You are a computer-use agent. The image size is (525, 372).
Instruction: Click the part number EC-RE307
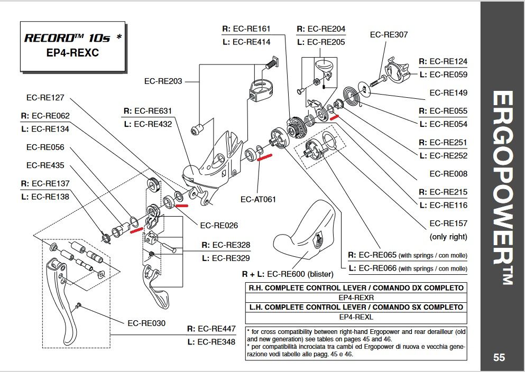[x=389, y=35]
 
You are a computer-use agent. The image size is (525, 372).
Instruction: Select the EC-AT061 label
[x=258, y=200]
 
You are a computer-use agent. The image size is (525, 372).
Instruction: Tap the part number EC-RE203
[x=163, y=81]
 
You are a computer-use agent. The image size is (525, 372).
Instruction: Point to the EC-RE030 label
[x=146, y=322]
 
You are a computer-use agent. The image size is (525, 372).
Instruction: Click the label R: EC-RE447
[x=211, y=329]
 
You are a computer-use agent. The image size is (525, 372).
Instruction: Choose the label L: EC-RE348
[x=211, y=342]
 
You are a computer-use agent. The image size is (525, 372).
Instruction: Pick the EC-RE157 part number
[x=448, y=224]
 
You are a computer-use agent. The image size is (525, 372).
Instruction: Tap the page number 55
[x=499, y=358]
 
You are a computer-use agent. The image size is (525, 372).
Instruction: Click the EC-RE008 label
[x=448, y=174]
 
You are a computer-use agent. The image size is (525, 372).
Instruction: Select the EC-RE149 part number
[x=448, y=93]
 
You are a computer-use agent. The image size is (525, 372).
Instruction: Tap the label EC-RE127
[x=45, y=97]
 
